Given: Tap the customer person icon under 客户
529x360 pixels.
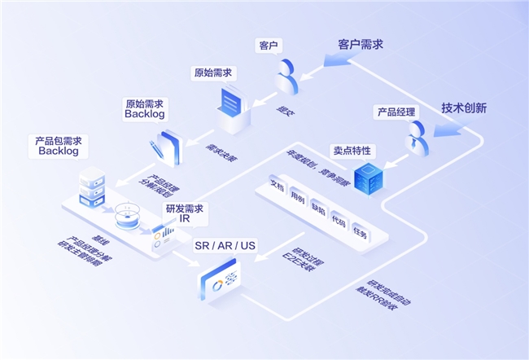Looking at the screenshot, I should pos(286,76).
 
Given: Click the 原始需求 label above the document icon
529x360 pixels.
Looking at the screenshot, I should pos(212,72).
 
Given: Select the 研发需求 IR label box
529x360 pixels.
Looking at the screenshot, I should pos(184,214).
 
